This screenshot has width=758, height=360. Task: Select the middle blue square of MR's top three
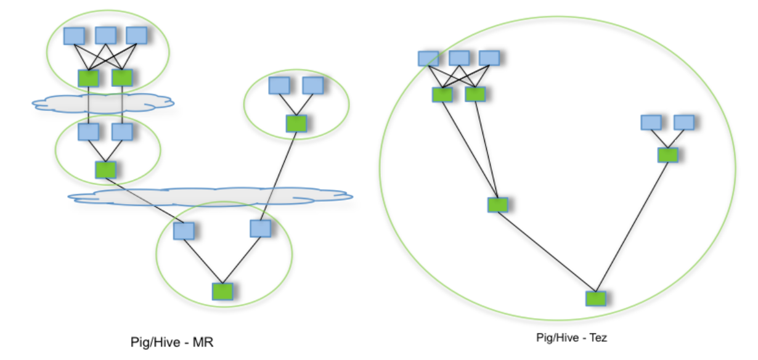[x=105, y=35]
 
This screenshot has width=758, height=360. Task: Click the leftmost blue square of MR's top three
[x=75, y=35]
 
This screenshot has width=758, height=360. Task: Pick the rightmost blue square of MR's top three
[x=136, y=35]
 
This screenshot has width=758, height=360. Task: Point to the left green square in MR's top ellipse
[x=89, y=78]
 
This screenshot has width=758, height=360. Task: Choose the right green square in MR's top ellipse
[x=122, y=78]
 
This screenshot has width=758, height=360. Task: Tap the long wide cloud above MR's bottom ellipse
[x=210, y=197]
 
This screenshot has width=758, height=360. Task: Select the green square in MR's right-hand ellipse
[x=296, y=123]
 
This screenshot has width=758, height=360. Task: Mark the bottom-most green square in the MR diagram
[x=222, y=291]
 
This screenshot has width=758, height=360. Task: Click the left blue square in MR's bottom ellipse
[x=184, y=231]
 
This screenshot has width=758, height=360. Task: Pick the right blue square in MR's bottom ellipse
[x=261, y=229]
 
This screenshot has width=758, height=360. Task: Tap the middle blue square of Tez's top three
[x=459, y=58]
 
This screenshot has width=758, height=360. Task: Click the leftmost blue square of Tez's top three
[x=428, y=58]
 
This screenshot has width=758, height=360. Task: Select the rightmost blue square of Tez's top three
[x=489, y=58]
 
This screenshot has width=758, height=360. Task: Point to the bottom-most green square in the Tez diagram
[x=596, y=298]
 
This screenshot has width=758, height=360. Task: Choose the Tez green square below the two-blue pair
[x=667, y=154]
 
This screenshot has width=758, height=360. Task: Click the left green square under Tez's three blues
[x=442, y=94]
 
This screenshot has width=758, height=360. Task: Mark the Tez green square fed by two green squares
[x=497, y=205]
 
